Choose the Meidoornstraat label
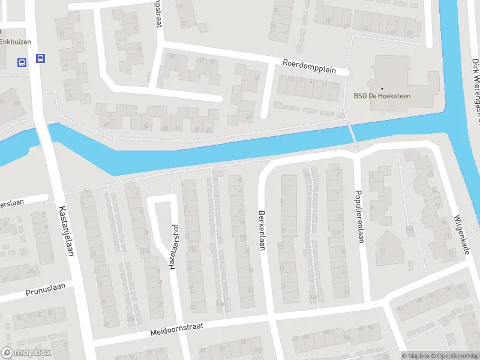tap(177, 328)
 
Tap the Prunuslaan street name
tap(45, 292)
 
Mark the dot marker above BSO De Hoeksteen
tap(382, 88)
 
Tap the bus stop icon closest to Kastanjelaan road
tap(40, 59)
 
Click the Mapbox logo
tap(25, 352)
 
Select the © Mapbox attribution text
tap(415, 356)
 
